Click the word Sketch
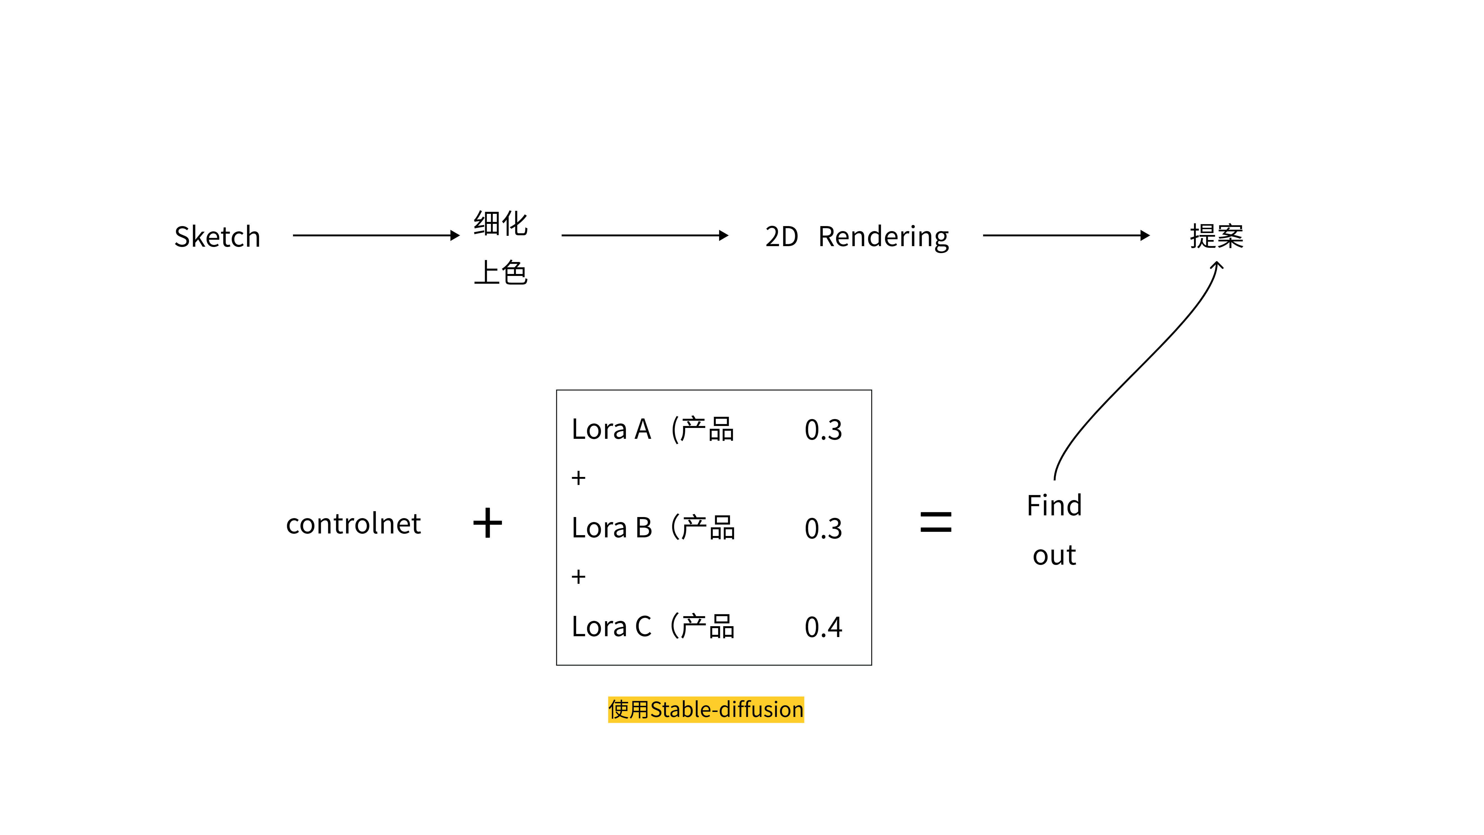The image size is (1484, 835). [x=217, y=237]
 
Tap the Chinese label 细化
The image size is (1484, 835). [x=500, y=224]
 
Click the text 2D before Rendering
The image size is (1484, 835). [x=781, y=237]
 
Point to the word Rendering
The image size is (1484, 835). [x=883, y=237]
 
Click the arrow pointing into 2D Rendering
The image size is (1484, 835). [x=644, y=235]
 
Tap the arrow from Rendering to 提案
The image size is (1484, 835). [x=1066, y=235]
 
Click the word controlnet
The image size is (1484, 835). [x=353, y=524]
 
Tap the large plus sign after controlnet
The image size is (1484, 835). [x=487, y=523]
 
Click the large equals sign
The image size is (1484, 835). [x=936, y=522]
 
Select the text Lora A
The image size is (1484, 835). [x=611, y=429]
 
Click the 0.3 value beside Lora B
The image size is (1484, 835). [x=823, y=528]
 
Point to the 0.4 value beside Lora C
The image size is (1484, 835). [x=823, y=627]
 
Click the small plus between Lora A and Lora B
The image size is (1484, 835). [x=579, y=478]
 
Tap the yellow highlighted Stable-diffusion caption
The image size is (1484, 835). [x=706, y=709]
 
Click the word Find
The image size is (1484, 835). [x=1054, y=505]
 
